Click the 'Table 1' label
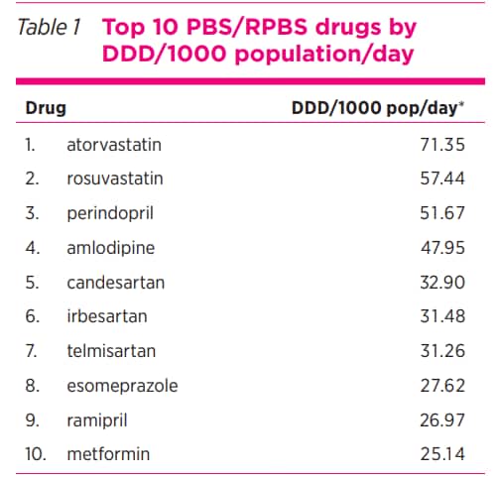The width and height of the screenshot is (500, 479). point(50,27)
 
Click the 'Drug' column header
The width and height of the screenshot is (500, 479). point(45,107)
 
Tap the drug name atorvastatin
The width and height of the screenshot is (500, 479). point(113,145)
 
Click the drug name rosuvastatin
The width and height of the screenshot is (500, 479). point(114,180)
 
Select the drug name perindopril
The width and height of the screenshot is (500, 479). point(110,213)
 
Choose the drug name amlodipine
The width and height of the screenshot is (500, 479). point(110,248)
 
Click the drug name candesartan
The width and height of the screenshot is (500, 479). point(115,283)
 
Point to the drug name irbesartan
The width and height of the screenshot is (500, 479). point(106,316)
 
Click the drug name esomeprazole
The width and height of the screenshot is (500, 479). point(122,386)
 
